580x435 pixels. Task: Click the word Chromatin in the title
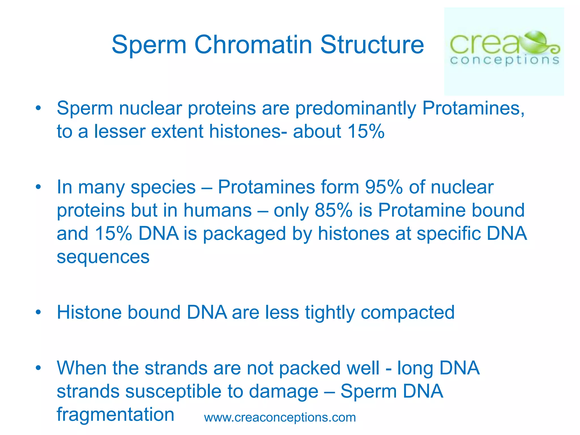(253, 45)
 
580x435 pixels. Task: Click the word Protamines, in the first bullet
(473, 108)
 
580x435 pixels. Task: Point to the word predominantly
(356, 109)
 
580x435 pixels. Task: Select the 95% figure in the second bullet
(383, 187)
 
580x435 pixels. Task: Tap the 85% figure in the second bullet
(334, 210)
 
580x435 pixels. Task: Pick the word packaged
(244, 234)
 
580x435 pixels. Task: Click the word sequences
(103, 257)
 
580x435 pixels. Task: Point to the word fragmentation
(115, 415)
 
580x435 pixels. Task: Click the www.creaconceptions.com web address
(280, 417)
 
